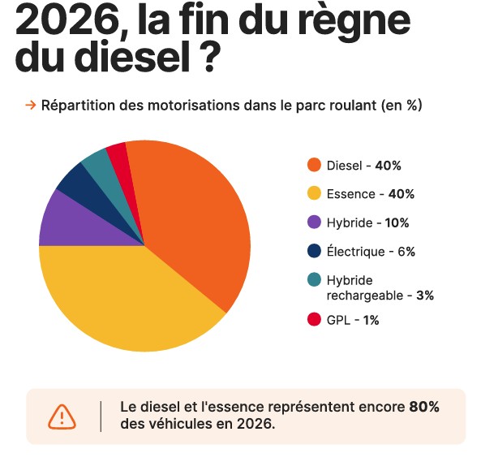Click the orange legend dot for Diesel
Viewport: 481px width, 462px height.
[314, 165]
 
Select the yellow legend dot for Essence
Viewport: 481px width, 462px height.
[314, 193]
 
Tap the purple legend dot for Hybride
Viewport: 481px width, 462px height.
[314, 222]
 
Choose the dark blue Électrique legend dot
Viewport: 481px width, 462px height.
[314, 251]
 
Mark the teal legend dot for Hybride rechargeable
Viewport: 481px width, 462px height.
[314, 279]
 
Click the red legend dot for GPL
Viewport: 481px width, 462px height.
[314, 319]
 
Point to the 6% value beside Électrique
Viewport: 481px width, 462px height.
[406, 252]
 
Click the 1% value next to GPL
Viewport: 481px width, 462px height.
[371, 320]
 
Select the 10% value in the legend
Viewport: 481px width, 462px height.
[397, 222]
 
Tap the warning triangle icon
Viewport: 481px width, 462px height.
[62, 417]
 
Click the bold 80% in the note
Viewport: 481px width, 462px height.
[424, 407]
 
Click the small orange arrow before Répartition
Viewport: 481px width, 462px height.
[30, 106]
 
